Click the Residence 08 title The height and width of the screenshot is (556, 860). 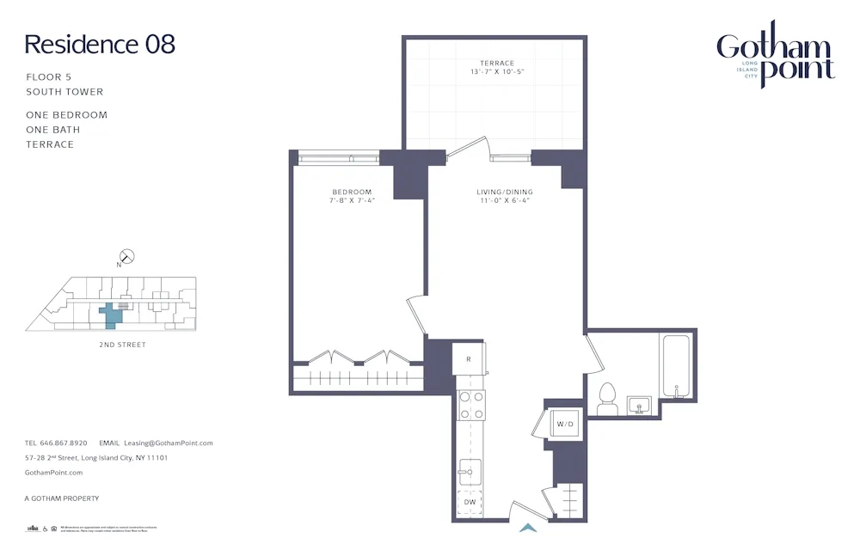100,45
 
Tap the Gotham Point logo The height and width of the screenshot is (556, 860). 776,56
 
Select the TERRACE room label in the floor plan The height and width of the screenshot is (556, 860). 497,63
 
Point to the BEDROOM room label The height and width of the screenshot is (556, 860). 352,192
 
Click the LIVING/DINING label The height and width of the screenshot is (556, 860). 505,192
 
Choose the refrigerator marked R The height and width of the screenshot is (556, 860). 469,358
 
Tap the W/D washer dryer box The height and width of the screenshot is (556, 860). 564,424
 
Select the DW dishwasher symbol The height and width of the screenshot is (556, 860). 470,502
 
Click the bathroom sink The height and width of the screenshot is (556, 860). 638,405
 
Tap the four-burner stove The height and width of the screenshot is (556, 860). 470,405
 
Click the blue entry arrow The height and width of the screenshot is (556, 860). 528,528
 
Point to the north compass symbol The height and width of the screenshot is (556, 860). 127,255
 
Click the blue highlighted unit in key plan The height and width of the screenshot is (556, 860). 111,315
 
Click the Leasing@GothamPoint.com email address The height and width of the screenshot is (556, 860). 169,443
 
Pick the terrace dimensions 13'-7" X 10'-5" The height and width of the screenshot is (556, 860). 497,72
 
